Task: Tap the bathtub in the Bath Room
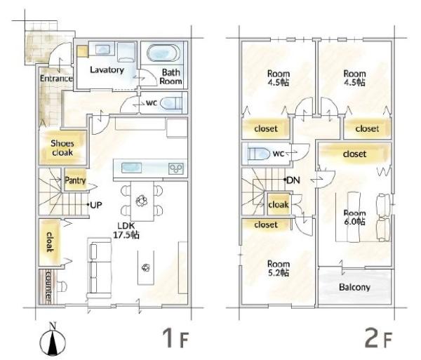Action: [x=163, y=53]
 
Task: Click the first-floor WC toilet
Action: [x=171, y=103]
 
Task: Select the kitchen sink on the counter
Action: [x=132, y=168]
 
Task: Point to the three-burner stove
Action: [x=176, y=168]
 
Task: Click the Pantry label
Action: [x=75, y=180]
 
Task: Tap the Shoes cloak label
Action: [x=62, y=147]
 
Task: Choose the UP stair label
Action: [x=96, y=205]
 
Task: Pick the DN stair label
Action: [x=293, y=180]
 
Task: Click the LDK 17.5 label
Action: [x=126, y=231]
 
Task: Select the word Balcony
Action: [x=354, y=287]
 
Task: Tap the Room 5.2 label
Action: [x=279, y=268]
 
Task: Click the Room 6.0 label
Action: [x=354, y=218]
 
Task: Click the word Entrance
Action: [x=56, y=79]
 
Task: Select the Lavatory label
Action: [x=107, y=69]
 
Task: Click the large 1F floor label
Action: [x=175, y=338]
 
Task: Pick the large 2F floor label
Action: [x=378, y=338]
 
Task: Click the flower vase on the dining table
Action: [x=142, y=201]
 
